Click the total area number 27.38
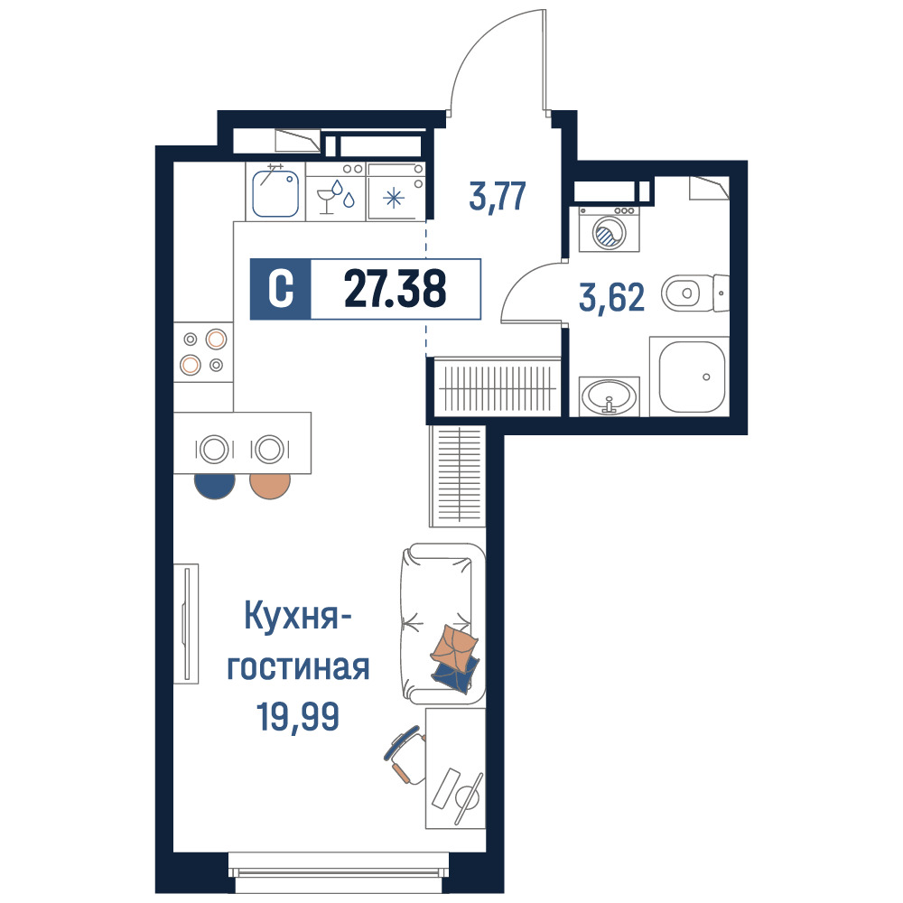(x=396, y=289)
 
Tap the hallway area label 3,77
(x=498, y=196)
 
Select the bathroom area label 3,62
(x=611, y=298)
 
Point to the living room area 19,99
(x=298, y=716)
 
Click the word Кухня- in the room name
(x=298, y=616)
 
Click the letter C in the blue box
(x=281, y=289)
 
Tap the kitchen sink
(x=275, y=193)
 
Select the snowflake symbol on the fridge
(x=395, y=199)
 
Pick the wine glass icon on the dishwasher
(x=327, y=200)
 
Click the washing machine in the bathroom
(x=610, y=229)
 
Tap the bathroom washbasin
(x=610, y=396)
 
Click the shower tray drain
(x=707, y=377)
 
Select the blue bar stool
(x=215, y=486)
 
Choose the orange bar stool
(x=270, y=486)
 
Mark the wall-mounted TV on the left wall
(x=186, y=624)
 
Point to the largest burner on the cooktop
(x=216, y=340)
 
